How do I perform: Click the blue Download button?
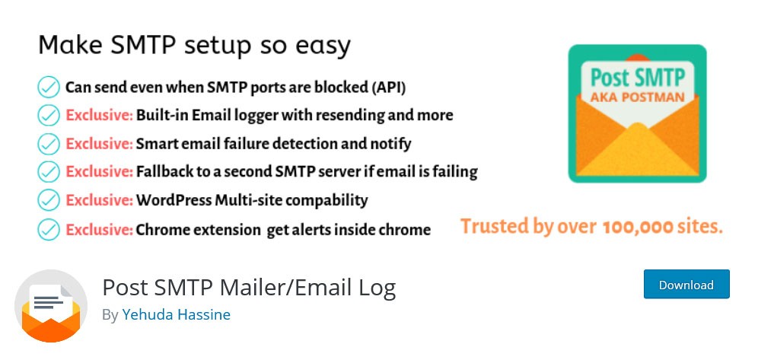click(x=686, y=284)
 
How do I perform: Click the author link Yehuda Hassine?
click(x=176, y=314)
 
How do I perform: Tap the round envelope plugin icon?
click(x=51, y=306)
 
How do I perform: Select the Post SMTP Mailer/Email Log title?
click(x=249, y=288)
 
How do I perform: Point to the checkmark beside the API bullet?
click(x=49, y=88)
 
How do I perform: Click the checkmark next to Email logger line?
click(x=49, y=116)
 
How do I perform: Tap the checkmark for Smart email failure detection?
click(x=49, y=144)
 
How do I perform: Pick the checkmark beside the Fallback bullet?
click(x=49, y=171)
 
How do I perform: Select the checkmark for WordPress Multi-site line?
click(x=49, y=200)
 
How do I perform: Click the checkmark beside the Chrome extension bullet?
click(x=49, y=229)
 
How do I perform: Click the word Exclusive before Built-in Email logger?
click(x=99, y=116)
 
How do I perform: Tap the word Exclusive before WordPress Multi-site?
click(x=99, y=200)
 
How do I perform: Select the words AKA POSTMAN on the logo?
click(x=637, y=97)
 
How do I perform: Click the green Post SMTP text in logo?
click(x=638, y=78)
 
